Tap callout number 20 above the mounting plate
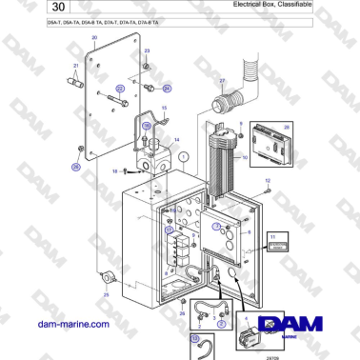(x=94, y=38)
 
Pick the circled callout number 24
(x=168, y=88)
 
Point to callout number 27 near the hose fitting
(x=222, y=81)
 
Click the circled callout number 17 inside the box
(x=169, y=230)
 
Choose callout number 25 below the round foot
(x=107, y=295)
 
